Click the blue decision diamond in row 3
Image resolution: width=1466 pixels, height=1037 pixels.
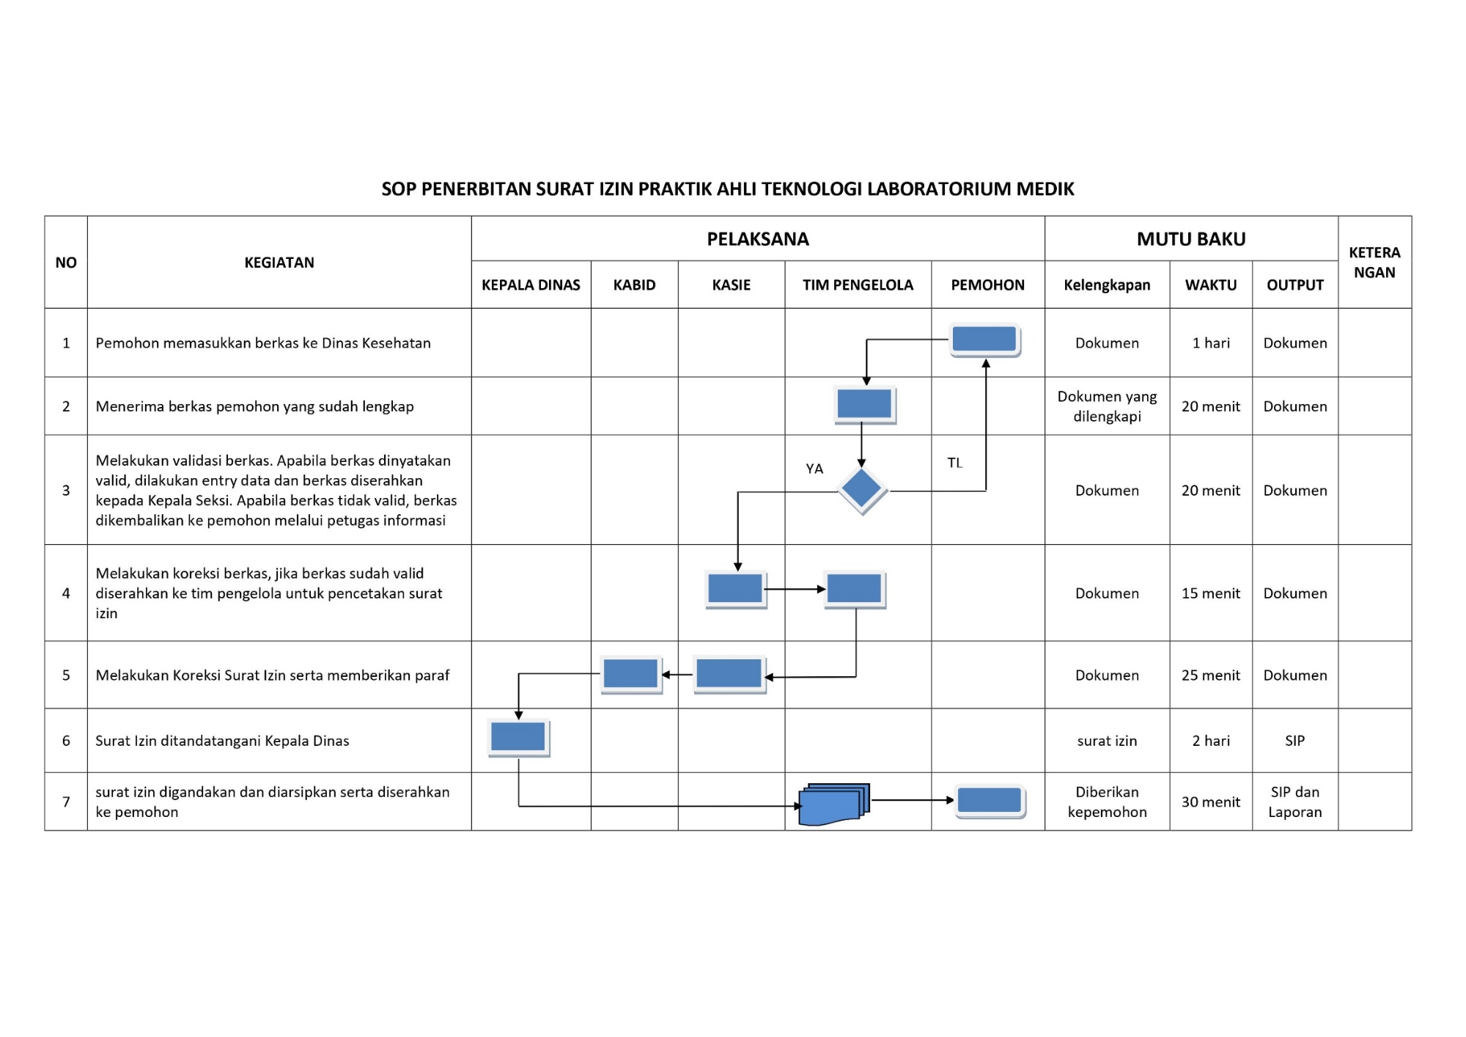[x=862, y=489]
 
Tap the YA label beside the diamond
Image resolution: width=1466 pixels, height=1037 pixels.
[x=814, y=469]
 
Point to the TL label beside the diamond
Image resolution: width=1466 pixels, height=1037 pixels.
[x=954, y=463]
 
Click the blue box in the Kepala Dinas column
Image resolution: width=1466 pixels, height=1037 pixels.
[x=518, y=737]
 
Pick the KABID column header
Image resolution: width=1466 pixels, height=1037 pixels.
[x=634, y=285]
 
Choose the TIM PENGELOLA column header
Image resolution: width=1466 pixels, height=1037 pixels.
[x=858, y=285]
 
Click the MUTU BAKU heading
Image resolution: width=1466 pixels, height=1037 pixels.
[x=1191, y=239]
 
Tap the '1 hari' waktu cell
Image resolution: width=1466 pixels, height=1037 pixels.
[x=1211, y=342]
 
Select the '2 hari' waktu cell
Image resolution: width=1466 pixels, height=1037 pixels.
[x=1211, y=741]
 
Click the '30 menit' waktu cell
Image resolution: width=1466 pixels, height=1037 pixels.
[x=1211, y=802]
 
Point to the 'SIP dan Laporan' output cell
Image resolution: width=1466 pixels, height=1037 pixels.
[x=1294, y=802]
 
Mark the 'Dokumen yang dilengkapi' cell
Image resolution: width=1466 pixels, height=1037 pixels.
[x=1107, y=406]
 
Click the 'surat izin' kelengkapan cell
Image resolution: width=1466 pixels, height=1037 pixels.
[x=1107, y=741]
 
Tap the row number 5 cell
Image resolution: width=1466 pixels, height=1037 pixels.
[x=66, y=675]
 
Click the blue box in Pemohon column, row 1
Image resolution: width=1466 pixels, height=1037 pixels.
[x=984, y=340]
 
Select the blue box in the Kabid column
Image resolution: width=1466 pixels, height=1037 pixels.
[x=631, y=674]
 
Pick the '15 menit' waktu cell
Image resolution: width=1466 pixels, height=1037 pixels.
[x=1211, y=593]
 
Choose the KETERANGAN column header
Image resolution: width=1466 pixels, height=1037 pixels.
[x=1374, y=262]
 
